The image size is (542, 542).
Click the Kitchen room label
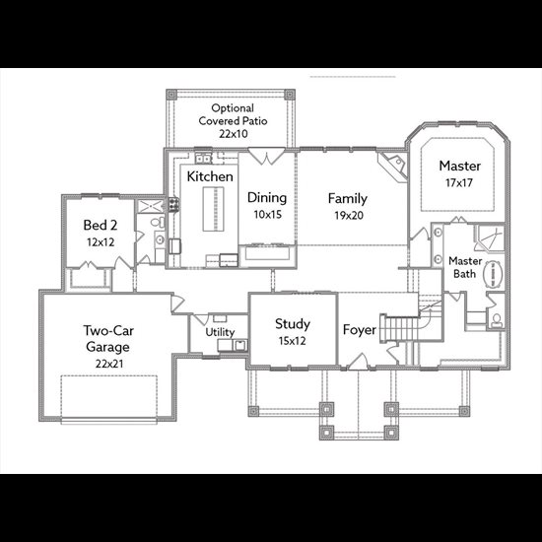coord(210,176)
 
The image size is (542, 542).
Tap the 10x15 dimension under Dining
coord(267,214)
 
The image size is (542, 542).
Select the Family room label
coord(348,199)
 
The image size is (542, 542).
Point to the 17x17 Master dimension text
coord(458,182)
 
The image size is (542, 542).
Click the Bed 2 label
coord(101,225)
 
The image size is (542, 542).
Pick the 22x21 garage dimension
coord(109,364)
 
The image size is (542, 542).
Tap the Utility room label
coord(220,332)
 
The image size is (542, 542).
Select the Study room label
coord(293,324)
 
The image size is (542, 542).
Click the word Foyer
coord(359,330)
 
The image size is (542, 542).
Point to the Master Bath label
coord(465,267)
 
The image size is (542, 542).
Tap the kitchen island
coord(213,209)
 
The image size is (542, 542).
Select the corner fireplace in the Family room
coord(393,166)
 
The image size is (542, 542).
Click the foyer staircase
coord(401,328)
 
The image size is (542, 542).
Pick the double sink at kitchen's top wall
coord(203,159)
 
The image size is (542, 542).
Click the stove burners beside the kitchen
coord(173,204)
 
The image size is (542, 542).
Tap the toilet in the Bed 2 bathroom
coord(158,223)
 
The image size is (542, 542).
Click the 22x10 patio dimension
coord(234,134)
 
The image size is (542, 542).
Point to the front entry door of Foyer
coord(358,362)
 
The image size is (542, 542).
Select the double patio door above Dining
coord(266,156)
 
